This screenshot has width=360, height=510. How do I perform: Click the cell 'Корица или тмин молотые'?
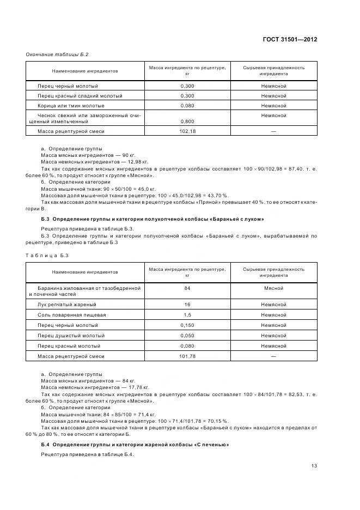pyautogui.click(x=71, y=106)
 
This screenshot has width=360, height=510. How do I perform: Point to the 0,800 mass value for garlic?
pyautogui.click(x=187, y=122)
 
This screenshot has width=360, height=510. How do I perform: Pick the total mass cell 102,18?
pyautogui.click(x=187, y=131)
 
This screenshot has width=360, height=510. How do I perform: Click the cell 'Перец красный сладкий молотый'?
pyautogui.click(x=80, y=96)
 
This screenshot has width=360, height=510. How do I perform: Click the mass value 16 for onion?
pyautogui.click(x=187, y=305)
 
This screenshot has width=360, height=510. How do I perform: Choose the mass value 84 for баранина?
pyautogui.click(x=187, y=288)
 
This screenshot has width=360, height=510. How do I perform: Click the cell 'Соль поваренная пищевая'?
pyautogui.click(x=71, y=315)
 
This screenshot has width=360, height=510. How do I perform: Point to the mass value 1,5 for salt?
pyautogui.click(x=187, y=315)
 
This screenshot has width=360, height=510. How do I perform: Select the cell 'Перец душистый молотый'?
pyautogui.click(x=71, y=336)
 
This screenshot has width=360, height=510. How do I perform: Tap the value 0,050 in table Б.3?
pyautogui.click(x=187, y=336)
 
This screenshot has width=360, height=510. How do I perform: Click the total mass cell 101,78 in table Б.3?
pyautogui.click(x=187, y=356)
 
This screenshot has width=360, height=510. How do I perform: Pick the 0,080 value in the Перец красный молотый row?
pyautogui.click(x=187, y=346)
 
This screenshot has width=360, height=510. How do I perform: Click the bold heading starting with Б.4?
pyautogui.click(x=135, y=445)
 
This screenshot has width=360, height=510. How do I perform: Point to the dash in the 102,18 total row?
pyautogui.click(x=273, y=131)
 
